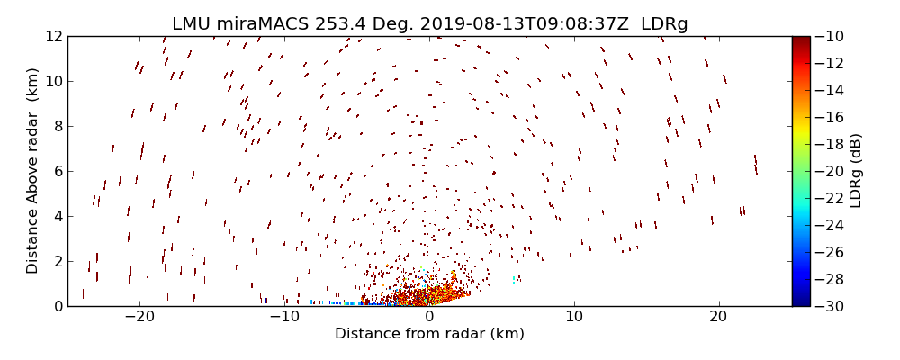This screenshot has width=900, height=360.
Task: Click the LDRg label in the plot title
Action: point(664,24)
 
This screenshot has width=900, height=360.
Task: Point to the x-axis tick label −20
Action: point(139,318)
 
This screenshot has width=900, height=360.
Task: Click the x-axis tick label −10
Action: point(283,318)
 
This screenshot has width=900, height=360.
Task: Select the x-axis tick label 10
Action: point(573,318)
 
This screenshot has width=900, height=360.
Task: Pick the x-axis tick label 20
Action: point(718,318)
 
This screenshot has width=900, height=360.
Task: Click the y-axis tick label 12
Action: point(52,37)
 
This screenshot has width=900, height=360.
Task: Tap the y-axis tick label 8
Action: point(56,127)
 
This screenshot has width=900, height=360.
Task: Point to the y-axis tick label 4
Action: point(56,217)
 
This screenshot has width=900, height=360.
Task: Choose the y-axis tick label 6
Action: point(56,172)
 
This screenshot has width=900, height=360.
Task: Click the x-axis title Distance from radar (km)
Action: point(429,334)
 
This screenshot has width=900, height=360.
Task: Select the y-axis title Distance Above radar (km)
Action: point(32,171)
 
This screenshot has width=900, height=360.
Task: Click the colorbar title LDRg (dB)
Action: point(856,171)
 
